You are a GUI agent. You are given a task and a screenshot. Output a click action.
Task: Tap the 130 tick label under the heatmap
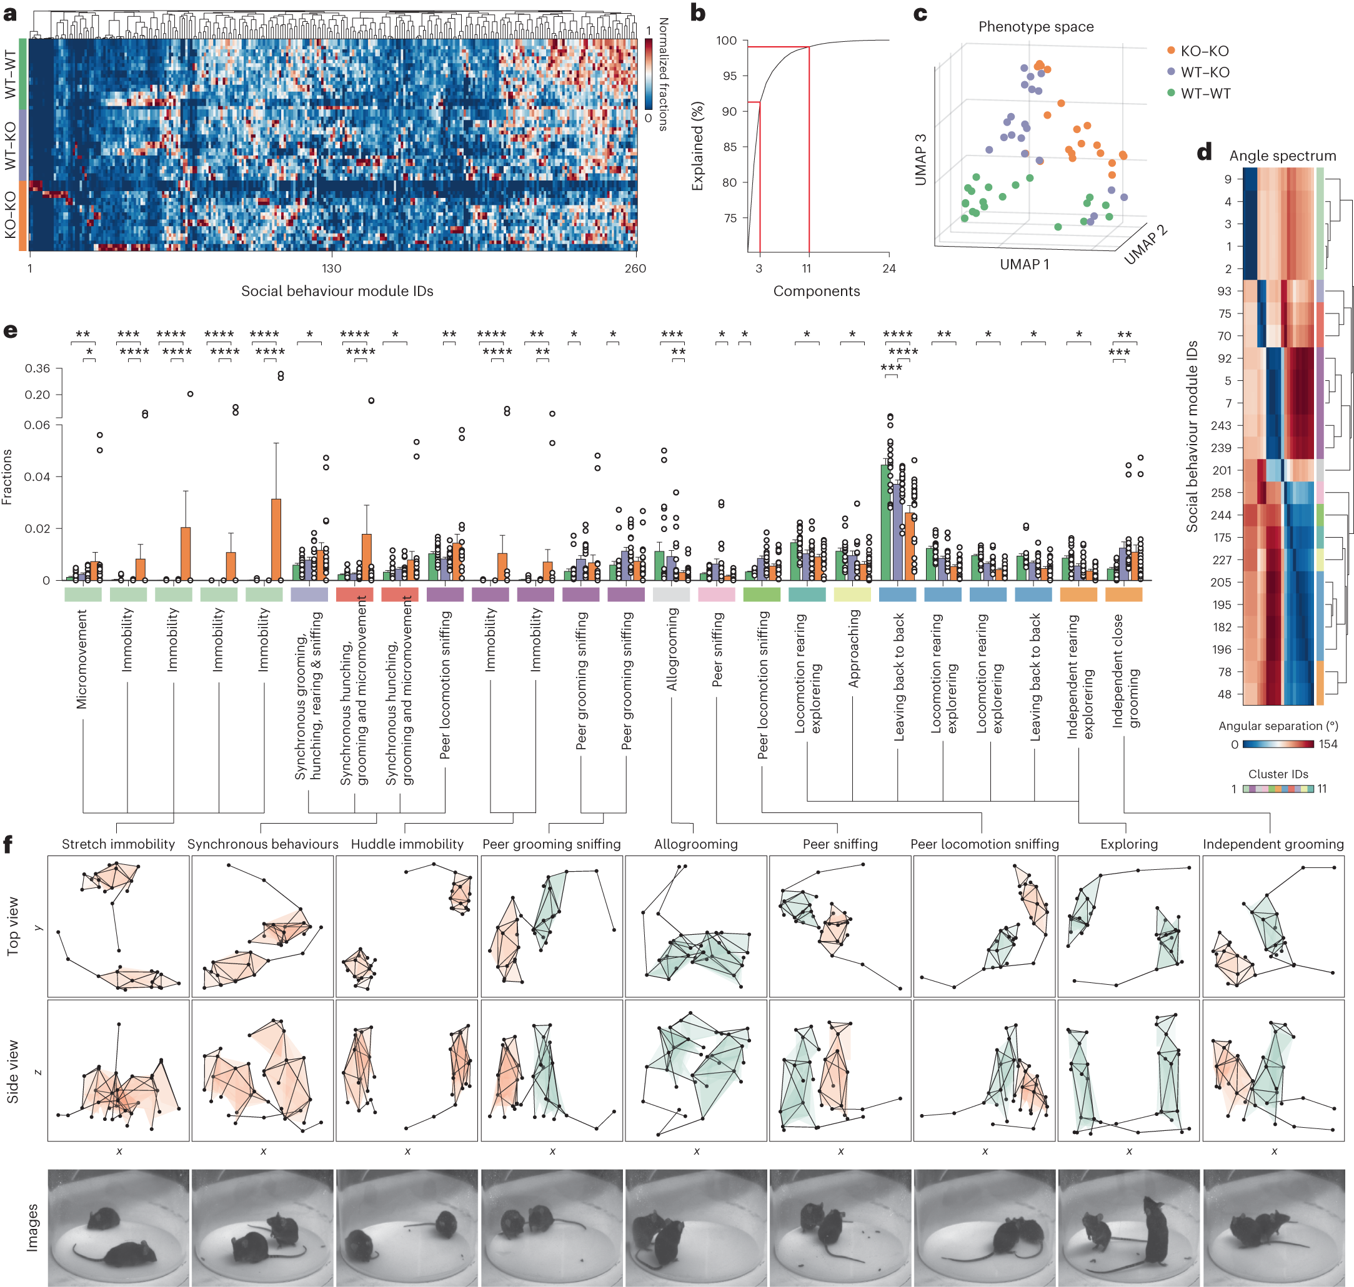pos(331,269)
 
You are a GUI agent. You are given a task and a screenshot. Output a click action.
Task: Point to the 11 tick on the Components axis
pos(807,269)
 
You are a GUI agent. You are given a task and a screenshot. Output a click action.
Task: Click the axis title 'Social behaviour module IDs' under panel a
pos(337,291)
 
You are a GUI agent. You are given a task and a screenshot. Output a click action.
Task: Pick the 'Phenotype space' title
pos(1035,27)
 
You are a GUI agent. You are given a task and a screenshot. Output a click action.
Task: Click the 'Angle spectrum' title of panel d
pos(1282,155)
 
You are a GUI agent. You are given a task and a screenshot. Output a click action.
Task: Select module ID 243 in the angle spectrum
pos(1221,425)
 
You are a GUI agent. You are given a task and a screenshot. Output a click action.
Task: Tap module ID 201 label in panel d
pos(1222,470)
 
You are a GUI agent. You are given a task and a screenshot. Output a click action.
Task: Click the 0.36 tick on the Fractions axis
pos(37,368)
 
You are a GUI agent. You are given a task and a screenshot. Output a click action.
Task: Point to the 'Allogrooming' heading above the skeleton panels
pos(695,844)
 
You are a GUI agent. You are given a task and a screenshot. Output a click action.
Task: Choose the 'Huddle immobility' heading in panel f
pos(407,844)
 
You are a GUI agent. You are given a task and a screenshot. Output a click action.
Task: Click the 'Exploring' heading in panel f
pos(1129,844)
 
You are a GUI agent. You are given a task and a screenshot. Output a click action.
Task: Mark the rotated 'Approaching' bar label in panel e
pos(853,648)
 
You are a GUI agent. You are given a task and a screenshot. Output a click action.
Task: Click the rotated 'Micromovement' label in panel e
pos(82,659)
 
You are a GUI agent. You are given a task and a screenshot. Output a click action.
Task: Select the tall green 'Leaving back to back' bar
pos(886,521)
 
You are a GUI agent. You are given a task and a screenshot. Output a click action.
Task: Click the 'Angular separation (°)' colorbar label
pos(1278,726)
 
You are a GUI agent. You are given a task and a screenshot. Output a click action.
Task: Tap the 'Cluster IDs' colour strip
pos(1278,789)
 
